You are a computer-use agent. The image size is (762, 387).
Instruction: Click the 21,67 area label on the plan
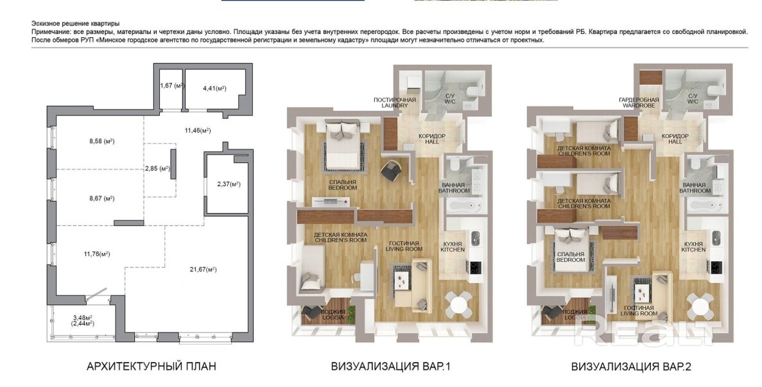point(203,270)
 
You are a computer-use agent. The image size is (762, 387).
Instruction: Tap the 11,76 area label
point(97,254)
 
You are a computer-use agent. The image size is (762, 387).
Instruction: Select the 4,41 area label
point(214,88)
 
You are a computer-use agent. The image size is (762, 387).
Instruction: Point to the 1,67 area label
point(171,85)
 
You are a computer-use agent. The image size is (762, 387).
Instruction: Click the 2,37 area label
point(229,184)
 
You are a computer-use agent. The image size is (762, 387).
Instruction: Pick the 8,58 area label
point(101,141)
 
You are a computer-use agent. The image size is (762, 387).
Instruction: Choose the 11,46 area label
point(198,130)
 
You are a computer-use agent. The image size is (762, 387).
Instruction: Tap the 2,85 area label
point(157,169)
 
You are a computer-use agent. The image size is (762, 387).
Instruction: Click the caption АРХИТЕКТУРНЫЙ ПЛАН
point(151,366)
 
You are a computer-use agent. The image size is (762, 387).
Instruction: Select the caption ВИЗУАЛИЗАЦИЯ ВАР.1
point(391,366)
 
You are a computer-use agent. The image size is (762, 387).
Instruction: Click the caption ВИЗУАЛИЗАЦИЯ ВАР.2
point(631,366)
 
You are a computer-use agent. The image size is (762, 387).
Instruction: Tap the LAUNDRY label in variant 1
point(395,105)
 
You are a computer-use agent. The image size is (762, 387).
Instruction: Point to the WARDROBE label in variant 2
point(639,105)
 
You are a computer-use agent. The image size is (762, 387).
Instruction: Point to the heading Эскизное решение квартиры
point(75,23)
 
